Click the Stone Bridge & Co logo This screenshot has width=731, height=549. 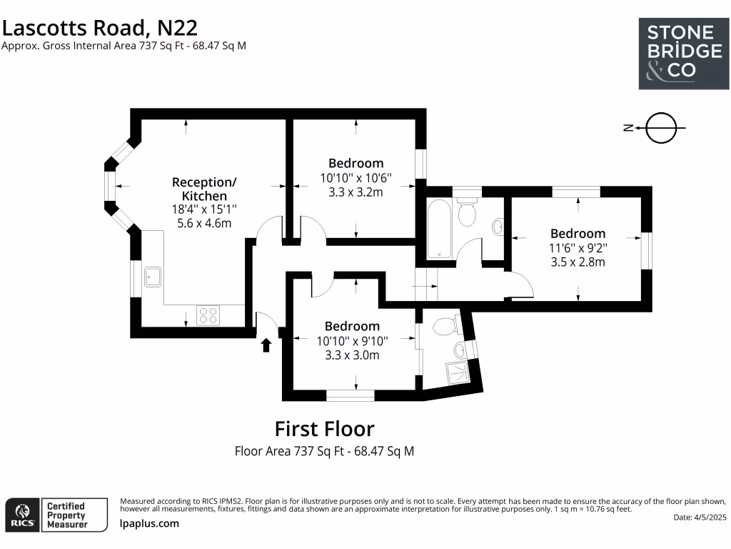click(x=679, y=54)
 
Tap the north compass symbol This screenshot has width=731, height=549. click(x=659, y=128)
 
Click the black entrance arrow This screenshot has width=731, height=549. click(x=266, y=345)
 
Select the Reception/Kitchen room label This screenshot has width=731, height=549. click(x=204, y=189)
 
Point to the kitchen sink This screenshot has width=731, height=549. click(x=153, y=276)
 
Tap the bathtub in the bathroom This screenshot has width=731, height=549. click(x=438, y=229)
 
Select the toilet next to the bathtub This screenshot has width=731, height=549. click(x=468, y=212)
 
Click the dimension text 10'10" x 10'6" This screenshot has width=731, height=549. click(x=356, y=177)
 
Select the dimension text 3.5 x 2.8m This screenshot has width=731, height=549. click(x=578, y=262)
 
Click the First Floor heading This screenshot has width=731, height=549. click(x=324, y=429)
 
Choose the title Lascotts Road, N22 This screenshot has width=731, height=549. click(x=99, y=27)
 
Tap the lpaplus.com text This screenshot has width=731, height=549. click(x=149, y=523)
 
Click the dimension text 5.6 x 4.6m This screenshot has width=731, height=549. click(x=204, y=223)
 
